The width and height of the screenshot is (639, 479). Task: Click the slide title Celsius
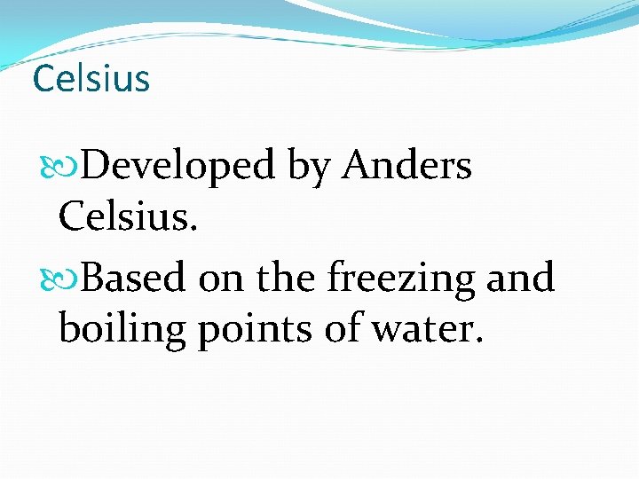(x=91, y=78)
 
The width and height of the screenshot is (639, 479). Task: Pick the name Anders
(x=407, y=165)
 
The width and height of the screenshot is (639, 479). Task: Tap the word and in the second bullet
(x=521, y=279)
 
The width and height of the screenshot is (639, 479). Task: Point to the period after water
(x=479, y=341)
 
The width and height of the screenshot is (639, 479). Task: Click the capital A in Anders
(x=356, y=165)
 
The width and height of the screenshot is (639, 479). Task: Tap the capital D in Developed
(x=106, y=165)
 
